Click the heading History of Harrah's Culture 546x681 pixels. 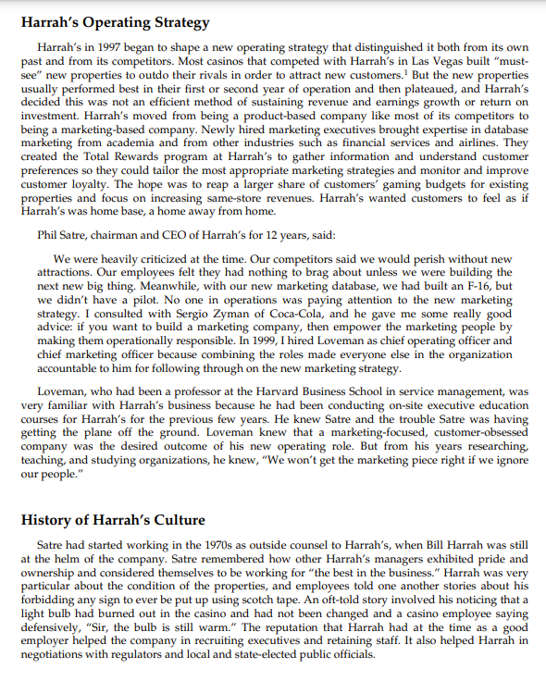click(112, 519)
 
